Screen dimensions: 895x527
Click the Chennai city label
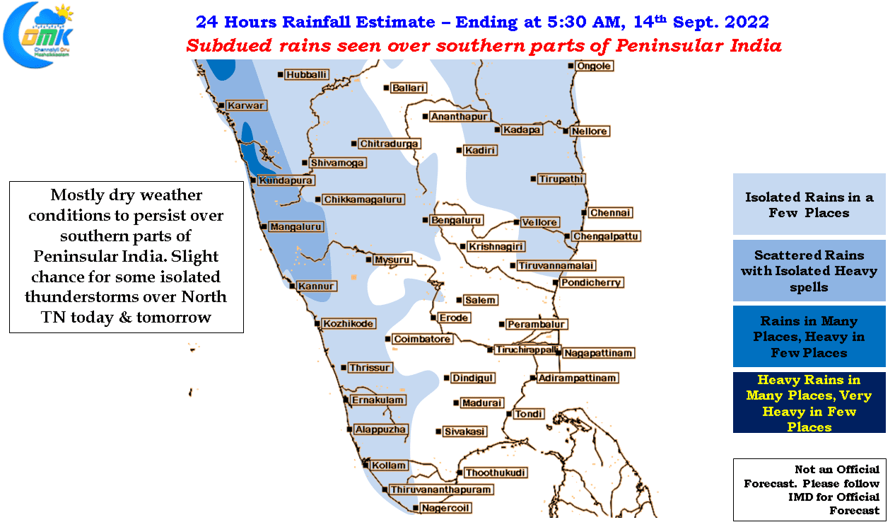(x=610, y=213)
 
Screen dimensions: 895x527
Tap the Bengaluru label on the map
(x=456, y=220)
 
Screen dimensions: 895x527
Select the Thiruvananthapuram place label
(x=440, y=490)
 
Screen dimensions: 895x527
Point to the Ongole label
(x=594, y=66)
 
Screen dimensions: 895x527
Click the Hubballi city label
(x=306, y=74)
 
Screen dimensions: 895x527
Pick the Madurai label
(x=481, y=403)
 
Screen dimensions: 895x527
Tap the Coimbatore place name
(x=422, y=339)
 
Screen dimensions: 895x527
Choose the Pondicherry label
(x=591, y=283)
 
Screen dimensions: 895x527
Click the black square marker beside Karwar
(x=221, y=105)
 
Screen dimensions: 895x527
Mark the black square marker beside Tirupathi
(x=533, y=179)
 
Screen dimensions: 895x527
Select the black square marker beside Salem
(x=459, y=300)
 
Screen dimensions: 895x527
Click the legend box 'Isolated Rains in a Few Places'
(x=809, y=204)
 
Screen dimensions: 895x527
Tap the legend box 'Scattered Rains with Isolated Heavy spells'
(x=809, y=270)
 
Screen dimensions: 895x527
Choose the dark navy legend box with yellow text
(x=809, y=403)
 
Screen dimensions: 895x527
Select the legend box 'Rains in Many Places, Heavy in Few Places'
(x=809, y=336)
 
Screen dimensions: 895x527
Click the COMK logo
(x=38, y=35)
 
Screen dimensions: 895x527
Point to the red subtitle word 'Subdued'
(x=229, y=45)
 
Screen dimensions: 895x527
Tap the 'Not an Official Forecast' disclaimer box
(x=809, y=490)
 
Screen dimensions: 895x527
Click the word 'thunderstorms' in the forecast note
(x=100, y=296)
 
